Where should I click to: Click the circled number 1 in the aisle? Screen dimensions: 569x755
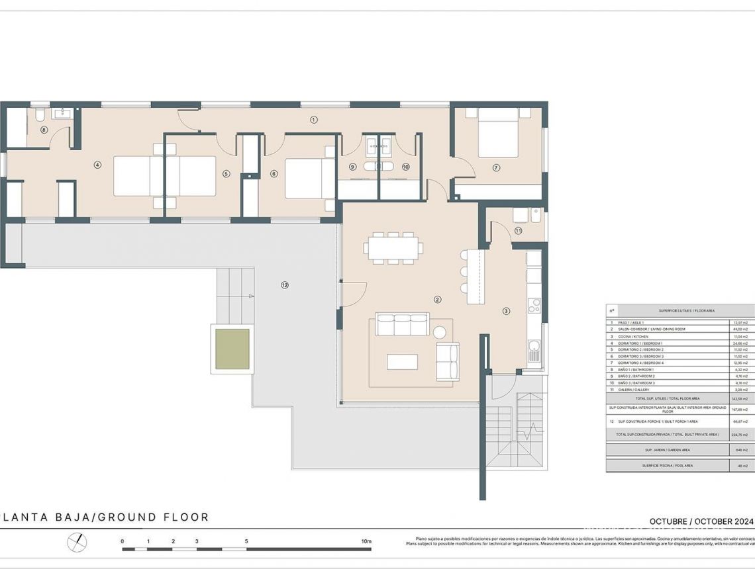click(314, 120)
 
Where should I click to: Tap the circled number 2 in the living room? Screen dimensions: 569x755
click(437, 299)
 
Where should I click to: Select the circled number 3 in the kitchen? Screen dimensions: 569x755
click(506, 310)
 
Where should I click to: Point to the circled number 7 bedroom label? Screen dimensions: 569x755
click(496, 168)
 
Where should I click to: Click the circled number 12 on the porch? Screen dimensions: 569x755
click(285, 285)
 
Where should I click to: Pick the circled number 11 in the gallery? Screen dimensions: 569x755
click(518, 231)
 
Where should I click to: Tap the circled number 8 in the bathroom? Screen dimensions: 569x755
click(44, 130)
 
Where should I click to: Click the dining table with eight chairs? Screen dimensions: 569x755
click(393, 248)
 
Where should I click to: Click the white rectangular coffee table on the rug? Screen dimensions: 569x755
click(402, 362)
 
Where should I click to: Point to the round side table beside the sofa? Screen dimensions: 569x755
click(440, 332)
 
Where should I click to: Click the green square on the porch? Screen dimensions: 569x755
click(232, 349)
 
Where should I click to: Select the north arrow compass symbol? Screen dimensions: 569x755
click(77, 542)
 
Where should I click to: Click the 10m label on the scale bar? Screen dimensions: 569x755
click(366, 541)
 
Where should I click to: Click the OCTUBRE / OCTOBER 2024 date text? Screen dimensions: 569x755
click(701, 521)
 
